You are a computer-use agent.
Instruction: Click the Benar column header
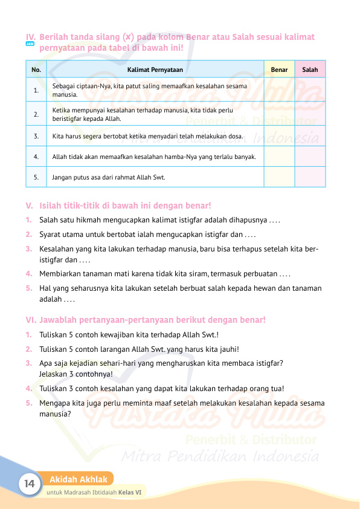[279, 70]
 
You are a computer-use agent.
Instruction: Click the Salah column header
[310, 70]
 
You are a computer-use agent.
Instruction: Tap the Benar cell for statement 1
[279, 91]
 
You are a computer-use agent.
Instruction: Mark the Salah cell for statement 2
[310, 114]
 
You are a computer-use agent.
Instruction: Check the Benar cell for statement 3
[279, 136]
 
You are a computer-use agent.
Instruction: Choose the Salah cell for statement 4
[310, 157]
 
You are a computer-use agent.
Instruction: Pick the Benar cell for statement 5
[279, 177]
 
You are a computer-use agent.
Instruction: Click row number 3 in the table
[37, 136]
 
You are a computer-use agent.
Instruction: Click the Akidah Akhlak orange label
[79, 479]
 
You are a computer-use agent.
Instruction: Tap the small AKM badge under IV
[30, 45]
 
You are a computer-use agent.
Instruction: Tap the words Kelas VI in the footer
[130, 493]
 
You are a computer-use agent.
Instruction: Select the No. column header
[37, 70]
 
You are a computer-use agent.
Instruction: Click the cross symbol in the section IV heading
[128, 37]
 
